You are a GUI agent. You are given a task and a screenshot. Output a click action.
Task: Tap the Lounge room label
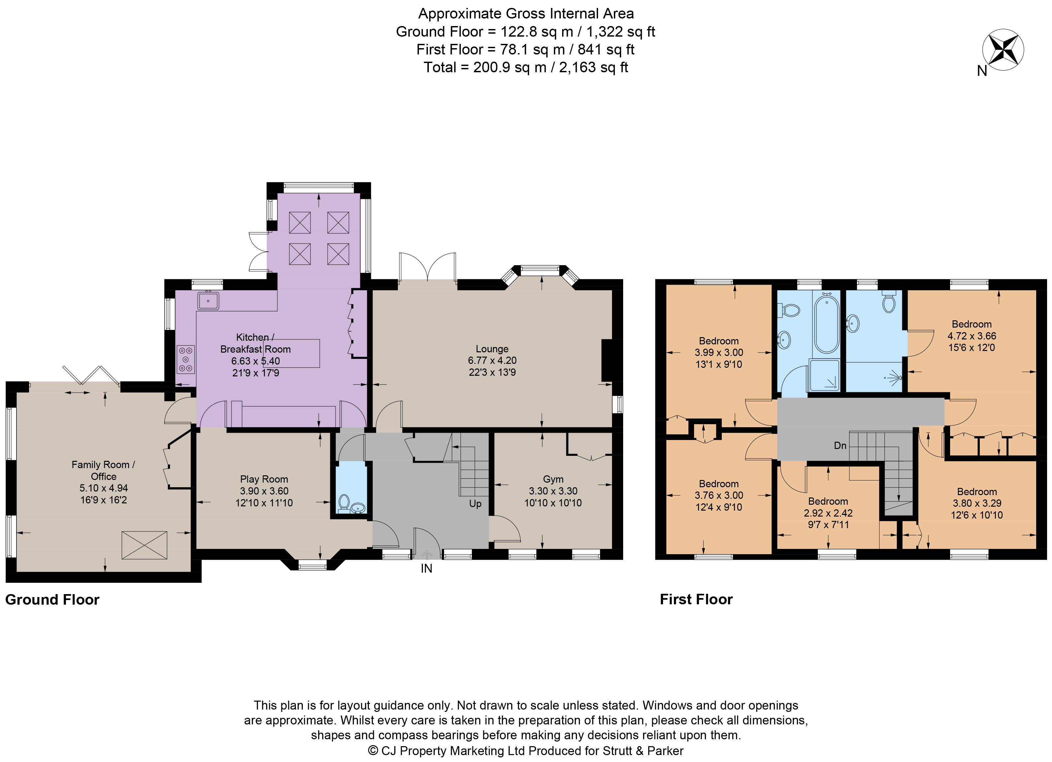(x=492, y=349)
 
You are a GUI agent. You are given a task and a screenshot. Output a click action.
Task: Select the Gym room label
(x=553, y=479)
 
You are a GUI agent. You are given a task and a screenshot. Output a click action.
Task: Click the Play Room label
(x=264, y=479)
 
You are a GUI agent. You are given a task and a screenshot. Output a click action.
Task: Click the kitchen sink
(x=208, y=301)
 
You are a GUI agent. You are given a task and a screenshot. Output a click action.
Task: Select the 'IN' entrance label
(x=426, y=569)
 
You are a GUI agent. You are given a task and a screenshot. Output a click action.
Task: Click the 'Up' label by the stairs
(x=475, y=504)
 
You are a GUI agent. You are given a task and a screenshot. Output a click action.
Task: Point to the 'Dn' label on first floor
(x=840, y=446)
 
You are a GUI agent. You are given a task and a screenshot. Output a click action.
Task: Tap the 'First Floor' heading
(x=696, y=599)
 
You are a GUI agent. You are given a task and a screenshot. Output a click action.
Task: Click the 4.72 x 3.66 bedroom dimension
(x=971, y=336)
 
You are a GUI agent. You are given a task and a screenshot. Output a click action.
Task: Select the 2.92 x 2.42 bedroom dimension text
(x=828, y=513)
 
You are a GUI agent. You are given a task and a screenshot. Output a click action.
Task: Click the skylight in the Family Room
(x=144, y=545)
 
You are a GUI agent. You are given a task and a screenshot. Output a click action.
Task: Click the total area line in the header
(x=526, y=67)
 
